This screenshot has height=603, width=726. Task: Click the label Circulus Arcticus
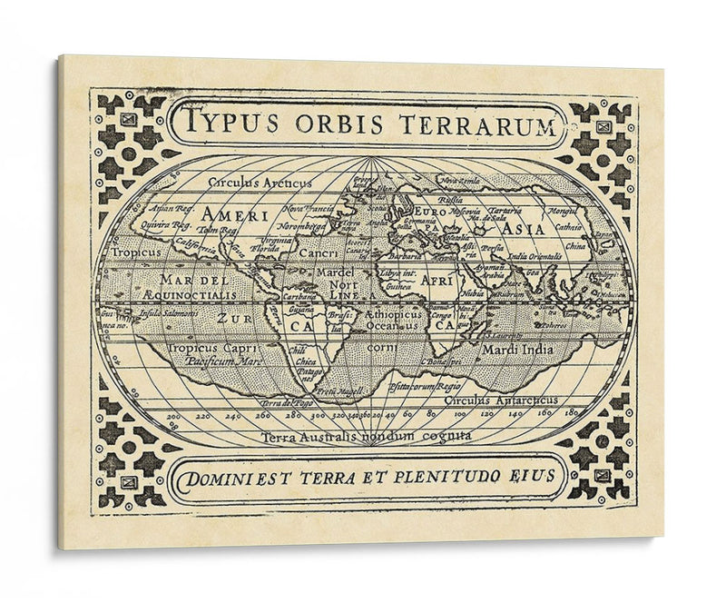tap(260, 183)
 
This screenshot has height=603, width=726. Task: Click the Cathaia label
tap(569, 227)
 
